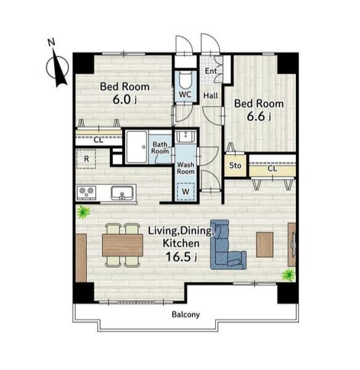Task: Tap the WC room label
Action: pos(185,94)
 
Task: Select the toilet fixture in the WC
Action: pos(186,80)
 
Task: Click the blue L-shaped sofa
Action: pos(227,245)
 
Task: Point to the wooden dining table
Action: pos(123,245)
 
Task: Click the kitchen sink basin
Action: pos(122,193)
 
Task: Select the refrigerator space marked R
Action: pos(86,159)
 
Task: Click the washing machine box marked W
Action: pos(186,192)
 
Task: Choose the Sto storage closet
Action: pos(235,165)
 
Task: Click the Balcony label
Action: pos(186,314)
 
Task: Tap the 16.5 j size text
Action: pos(181,257)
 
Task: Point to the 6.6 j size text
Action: pos(259,117)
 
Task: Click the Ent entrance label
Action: pos(211,71)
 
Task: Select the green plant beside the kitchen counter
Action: pos(83,212)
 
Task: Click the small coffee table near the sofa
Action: pos(264,244)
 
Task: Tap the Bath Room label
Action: pos(160,148)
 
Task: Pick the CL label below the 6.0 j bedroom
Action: pos(99,140)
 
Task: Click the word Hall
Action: pos(211,96)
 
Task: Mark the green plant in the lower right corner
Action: pos(288,275)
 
